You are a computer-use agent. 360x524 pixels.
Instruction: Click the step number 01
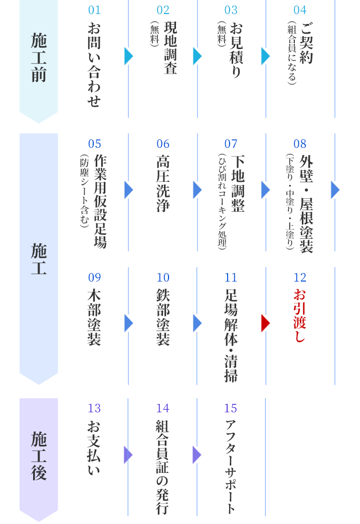[94, 10]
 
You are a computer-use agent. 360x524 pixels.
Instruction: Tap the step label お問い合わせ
[94, 65]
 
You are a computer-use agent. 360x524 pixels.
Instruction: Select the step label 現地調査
[170, 48]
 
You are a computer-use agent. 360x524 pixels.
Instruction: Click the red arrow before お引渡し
[265, 323]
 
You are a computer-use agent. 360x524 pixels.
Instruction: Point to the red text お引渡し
[300, 315]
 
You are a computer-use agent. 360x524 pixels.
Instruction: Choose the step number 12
[300, 278]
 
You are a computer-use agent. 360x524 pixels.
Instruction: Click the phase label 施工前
[39, 57]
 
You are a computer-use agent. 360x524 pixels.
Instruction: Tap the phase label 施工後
[39, 455]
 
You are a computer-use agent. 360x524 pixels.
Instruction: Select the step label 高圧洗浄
[163, 183]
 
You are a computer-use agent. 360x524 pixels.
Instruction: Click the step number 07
[231, 144]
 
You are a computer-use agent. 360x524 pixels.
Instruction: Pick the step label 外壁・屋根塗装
[306, 204]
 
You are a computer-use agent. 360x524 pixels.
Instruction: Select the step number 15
[231, 408]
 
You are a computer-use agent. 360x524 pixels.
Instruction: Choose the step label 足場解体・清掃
[231, 335]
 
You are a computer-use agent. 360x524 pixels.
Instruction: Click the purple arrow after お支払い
[128, 455]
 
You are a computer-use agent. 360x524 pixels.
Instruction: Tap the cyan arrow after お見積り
[265, 56]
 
